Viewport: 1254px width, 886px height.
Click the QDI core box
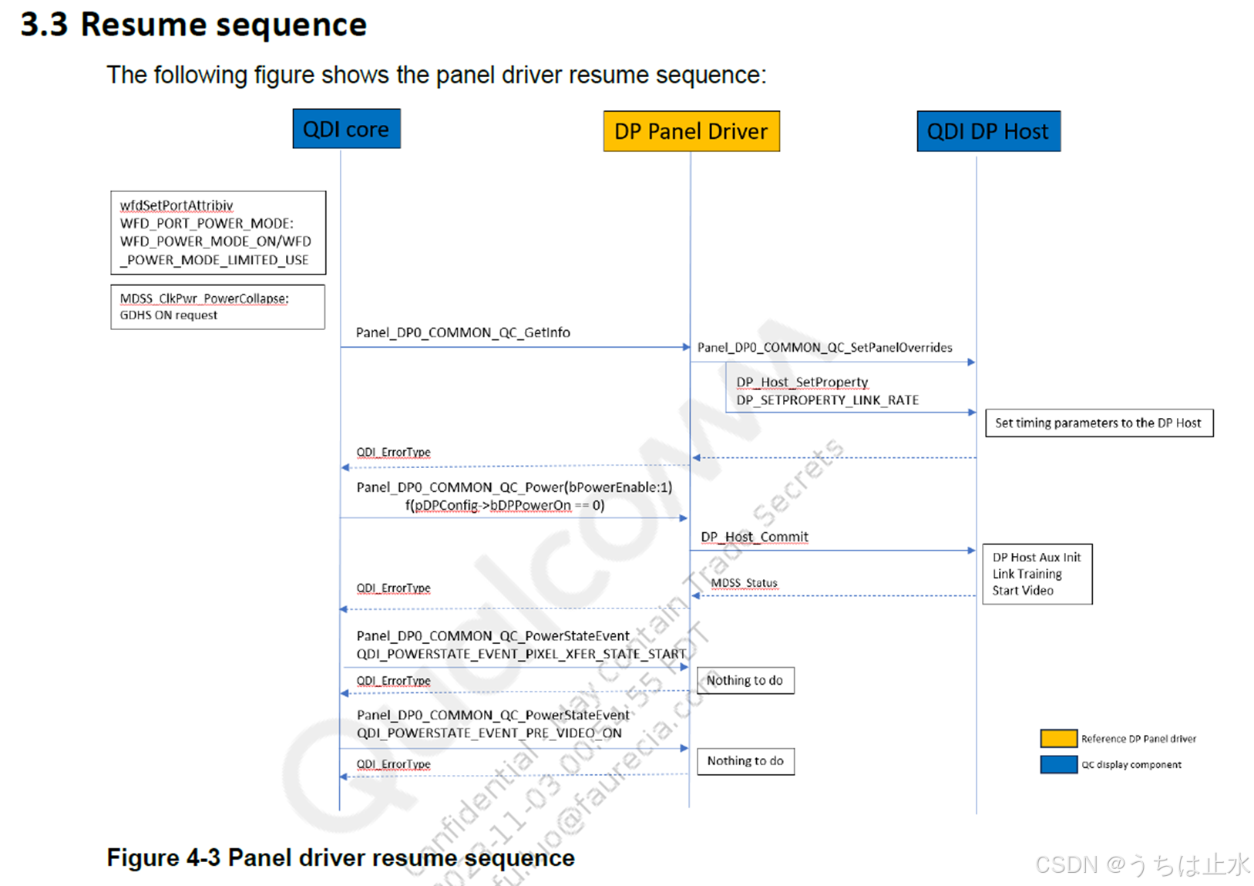point(346,129)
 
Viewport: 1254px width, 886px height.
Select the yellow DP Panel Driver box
point(691,131)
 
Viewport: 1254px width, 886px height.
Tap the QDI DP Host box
point(987,131)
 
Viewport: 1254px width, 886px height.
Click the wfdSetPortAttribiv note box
point(218,232)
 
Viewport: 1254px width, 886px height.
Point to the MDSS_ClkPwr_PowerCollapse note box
point(217,307)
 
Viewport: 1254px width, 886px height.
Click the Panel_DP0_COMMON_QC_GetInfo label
point(462,332)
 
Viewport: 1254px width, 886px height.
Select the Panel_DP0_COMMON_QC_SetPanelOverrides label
point(825,348)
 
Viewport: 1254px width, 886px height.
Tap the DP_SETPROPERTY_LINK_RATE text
point(827,400)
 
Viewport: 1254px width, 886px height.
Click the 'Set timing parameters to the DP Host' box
point(1098,423)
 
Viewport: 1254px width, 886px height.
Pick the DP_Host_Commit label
point(754,537)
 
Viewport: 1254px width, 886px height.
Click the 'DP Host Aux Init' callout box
point(1037,574)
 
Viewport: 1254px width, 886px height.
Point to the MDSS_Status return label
point(744,583)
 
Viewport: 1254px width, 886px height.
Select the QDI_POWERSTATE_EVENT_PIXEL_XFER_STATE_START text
point(521,654)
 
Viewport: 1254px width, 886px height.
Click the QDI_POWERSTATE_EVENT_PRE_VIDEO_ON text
point(489,733)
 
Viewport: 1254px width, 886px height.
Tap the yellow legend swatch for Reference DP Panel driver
point(1058,739)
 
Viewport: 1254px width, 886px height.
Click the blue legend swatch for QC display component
point(1058,764)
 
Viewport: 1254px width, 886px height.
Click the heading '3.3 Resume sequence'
point(193,25)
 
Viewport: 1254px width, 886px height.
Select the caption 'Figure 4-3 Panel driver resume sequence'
point(341,857)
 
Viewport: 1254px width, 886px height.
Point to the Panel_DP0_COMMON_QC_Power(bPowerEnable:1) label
point(514,487)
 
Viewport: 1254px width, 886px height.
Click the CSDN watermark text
point(1141,864)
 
